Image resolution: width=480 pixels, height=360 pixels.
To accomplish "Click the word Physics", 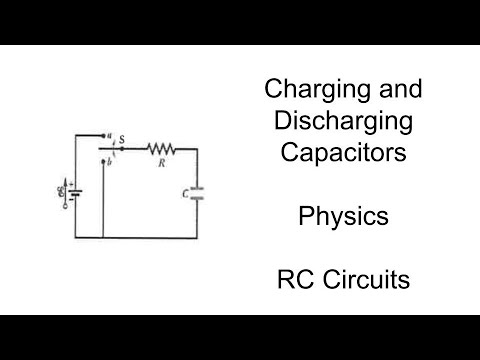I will tap(344, 217).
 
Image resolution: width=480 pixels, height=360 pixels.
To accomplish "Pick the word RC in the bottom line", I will tap(296, 281).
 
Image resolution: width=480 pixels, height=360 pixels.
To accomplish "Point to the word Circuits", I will tap(368, 281).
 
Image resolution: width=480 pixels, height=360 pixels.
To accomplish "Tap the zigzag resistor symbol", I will tap(160, 148).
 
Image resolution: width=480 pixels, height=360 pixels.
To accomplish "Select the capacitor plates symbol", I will tap(197, 193).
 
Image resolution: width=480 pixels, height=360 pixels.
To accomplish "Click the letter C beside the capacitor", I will tap(186, 193).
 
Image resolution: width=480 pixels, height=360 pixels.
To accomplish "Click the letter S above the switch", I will tap(121, 140).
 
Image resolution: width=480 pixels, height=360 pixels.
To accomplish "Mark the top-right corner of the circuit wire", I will tap(197, 148).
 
